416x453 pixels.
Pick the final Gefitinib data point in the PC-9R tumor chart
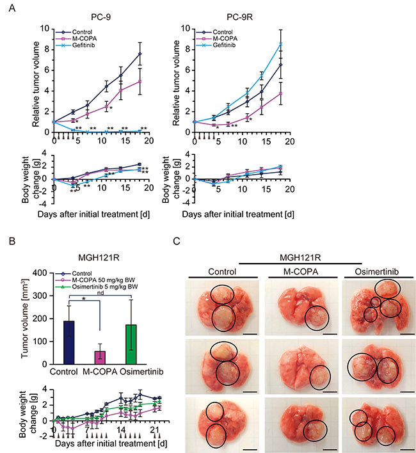tap(279, 44)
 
